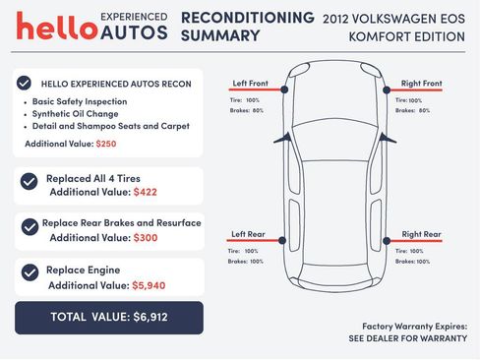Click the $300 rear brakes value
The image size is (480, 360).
(x=144, y=237)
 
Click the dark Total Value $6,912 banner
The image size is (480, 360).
(x=108, y=317)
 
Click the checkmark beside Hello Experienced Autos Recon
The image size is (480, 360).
(x=25, y=84)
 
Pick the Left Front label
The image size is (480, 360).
(x=250, y=84)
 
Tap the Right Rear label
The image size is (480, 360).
(x=420, y=234)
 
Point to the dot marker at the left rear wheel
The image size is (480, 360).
(x=284, y=241)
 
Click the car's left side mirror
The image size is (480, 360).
(x=279, y=138)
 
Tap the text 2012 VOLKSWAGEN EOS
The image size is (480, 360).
(x=392, y=18)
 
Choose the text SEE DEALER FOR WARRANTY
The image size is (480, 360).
(x=407, y=338)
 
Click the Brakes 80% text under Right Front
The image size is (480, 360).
(x=412, y=110)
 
